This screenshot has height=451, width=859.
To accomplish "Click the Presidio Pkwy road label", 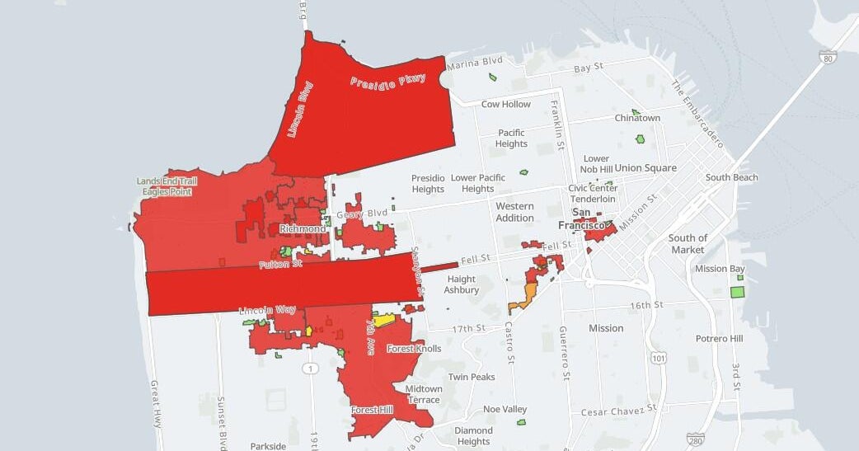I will click(x=387, y=81).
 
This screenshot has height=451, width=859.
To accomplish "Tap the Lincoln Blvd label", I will click(x=302, y=109).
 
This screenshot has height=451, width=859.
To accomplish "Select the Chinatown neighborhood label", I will click(x=637, y=118).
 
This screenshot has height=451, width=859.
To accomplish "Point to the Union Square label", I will click(x=645, y=168).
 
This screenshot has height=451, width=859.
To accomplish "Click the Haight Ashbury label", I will click(x=462, y=284).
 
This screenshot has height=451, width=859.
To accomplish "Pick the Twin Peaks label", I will click(x=471, y=377).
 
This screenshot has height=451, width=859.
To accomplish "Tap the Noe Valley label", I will click(x=505, y=409).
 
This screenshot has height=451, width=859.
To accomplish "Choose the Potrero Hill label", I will click(x=719, y=339).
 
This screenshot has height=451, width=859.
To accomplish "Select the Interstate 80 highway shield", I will click(x=828, y=57).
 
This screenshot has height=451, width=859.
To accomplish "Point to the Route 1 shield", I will click(x=309, y=368).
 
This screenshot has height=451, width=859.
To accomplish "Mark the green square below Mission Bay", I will click(x=737, y=291).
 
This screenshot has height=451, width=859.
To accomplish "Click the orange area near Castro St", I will click(x=525, y=298).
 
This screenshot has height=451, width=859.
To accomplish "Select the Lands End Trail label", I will click(x=167, y=181).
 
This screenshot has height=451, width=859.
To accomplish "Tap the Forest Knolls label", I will click(x=414, y=349).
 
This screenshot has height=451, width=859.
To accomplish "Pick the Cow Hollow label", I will click(x=506, y=105).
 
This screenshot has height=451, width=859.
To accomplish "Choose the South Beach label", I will click(x=731, y=177).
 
